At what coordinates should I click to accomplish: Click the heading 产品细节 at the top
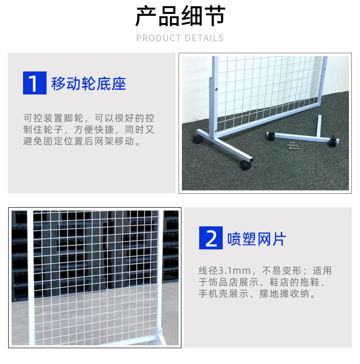180,17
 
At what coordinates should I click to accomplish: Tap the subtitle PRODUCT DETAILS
180,38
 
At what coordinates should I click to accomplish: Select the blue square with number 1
34,83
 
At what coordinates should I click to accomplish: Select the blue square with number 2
211,238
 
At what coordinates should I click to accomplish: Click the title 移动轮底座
89,83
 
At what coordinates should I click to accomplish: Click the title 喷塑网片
257,239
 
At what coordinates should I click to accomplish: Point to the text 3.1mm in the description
233,271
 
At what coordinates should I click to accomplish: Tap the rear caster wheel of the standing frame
197,139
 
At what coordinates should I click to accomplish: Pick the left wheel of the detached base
270,135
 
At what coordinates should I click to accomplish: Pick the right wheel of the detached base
333,143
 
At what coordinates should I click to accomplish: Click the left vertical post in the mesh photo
31,278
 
